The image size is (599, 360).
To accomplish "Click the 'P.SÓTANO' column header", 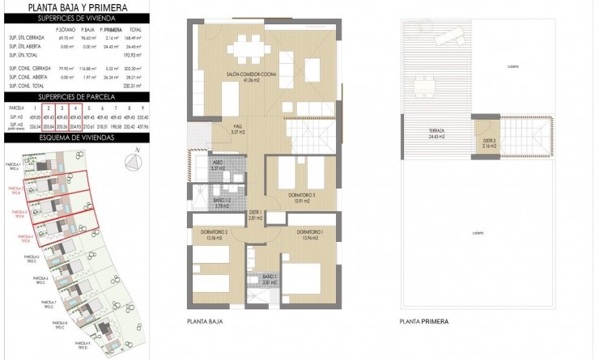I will tap(66, 29).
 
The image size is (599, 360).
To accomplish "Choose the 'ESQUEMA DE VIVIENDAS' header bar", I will tap(78, 138).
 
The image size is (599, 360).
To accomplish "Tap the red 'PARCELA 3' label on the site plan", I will tap(19, 214).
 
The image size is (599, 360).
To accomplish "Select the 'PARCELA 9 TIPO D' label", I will tap(82, 344).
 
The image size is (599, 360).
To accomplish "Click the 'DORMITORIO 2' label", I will tap(215, 235).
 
